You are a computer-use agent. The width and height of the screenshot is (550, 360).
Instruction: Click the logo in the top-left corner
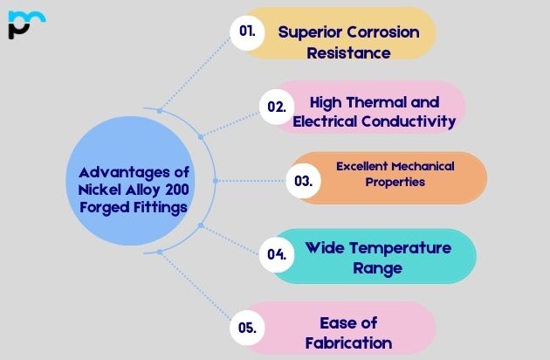[x=25, y=24]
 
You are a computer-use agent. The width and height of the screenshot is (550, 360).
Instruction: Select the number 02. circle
[x=277, y=107]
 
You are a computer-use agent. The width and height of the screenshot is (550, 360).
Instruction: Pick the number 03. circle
[x=304, y=182]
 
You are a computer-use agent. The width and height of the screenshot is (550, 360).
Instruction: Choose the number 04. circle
[x=277, y=255]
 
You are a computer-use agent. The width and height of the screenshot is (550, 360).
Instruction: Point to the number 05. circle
[x=248, y=329]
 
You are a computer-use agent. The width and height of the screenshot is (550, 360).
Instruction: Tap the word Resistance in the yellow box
[x=347, y=52]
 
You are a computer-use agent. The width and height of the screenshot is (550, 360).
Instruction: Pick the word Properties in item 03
[x=395, y=182]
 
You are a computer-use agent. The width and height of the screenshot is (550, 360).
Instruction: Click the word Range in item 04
[x=377, y=268]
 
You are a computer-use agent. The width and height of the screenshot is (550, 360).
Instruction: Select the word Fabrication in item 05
[x=348, y=343]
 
